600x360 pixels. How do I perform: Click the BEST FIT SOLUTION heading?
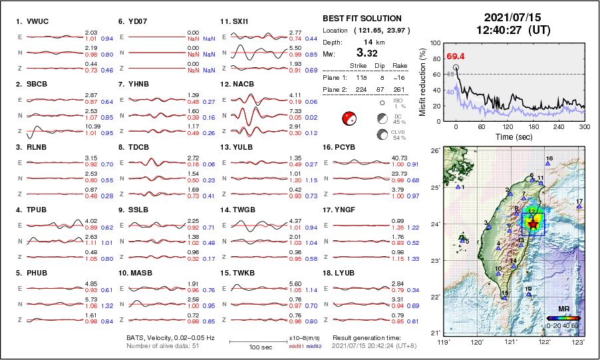click(x=362, y=19)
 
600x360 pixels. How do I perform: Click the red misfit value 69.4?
click(x=456, y=57)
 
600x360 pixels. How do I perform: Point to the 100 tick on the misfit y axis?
click(x=436, y=43)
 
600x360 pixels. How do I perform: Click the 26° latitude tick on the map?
click(x=433, y=151)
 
